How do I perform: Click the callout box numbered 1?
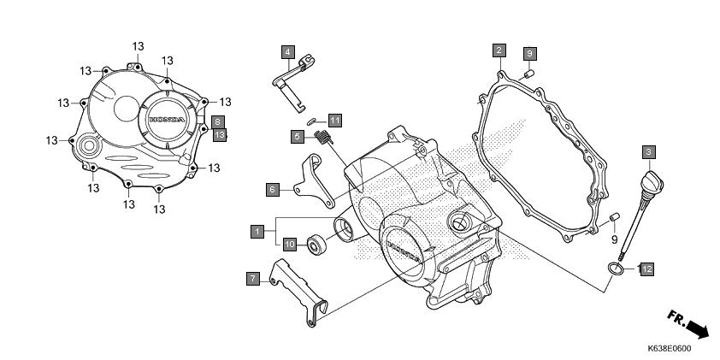coord(256,230)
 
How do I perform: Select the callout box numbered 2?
coord(498,50)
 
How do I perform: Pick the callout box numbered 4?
coord(289,51)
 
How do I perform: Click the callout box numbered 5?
coord(297,136)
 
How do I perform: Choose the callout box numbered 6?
coord(271,189)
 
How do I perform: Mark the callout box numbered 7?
coord(252,278)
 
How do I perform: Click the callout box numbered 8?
coord(219,122)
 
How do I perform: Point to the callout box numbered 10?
coord(290,245)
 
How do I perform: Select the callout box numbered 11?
coord(334,119)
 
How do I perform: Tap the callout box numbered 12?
coord(646,269)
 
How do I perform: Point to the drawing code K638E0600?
coord(669,349)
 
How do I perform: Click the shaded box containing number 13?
coord(219,135)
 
